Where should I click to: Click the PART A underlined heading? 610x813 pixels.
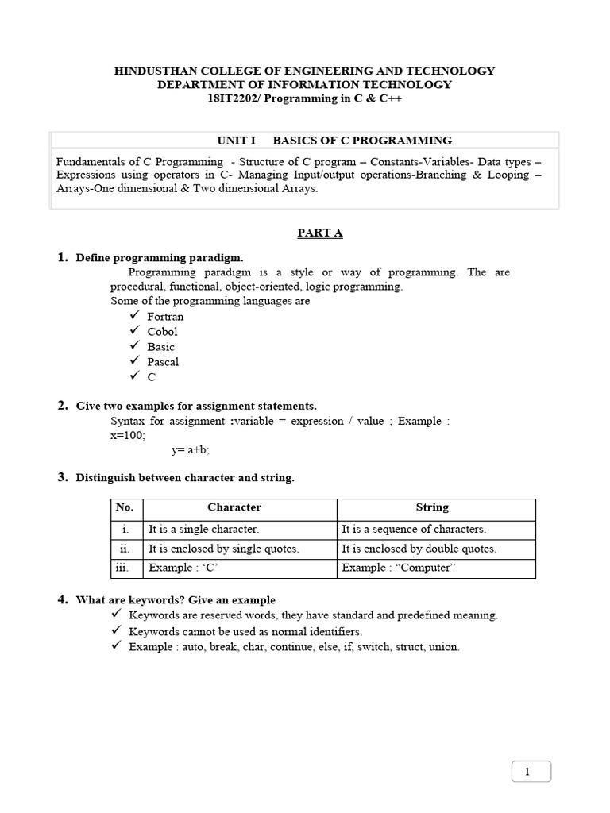(x=319, y=233)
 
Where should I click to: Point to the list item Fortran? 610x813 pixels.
(x=165, y=317)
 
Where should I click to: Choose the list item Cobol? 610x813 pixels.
(x=162, y=332)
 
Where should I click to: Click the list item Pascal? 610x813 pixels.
(x=163, y=362)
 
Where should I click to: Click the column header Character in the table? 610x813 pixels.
(x=234, y=507)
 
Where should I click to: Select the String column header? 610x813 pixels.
(x=432, y=507)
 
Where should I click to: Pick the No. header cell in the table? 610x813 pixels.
(x=125, y=507)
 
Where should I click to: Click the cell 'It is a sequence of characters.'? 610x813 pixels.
(x=413, y=529)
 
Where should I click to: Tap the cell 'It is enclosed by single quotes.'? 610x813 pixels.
(x=223, y=549)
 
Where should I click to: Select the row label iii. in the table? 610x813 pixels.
(x=125, y=568)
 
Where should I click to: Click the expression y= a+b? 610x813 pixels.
(x=191, y=450)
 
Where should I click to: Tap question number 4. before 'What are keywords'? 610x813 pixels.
(x=62, y=599)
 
